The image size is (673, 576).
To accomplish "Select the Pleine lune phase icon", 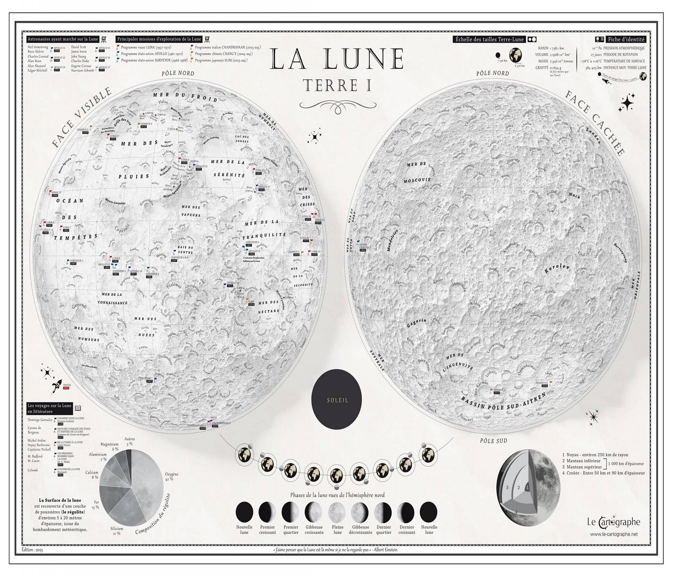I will [x=337, y=511].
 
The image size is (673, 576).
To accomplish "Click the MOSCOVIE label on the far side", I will [x=417, y=180].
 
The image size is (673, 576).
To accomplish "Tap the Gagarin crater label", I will [x=416, y=323].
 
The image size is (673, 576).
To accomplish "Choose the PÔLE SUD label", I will [x=493, y=441].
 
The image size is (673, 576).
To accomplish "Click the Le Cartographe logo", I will [x=613, y=521].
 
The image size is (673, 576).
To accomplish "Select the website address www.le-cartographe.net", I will [x=614, y=534].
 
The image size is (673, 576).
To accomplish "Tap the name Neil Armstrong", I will [x=38, y=47].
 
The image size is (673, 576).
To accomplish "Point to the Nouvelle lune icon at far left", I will [x=244, y=511].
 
